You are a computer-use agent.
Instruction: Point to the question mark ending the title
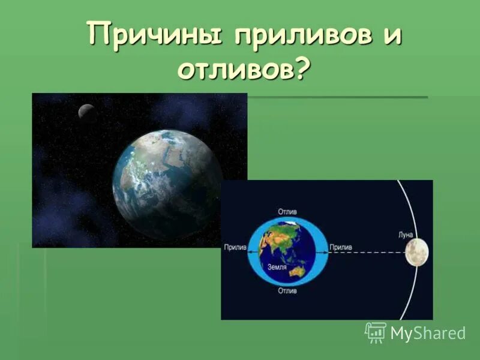click(304, 70)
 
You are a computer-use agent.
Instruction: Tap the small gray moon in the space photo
click(86, 111)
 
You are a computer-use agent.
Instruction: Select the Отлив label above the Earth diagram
click(287, 212)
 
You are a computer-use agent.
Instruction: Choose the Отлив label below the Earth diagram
click(287, 290)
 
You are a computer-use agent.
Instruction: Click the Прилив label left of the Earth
click(235, 247)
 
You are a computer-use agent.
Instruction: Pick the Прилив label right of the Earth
click(340, 247)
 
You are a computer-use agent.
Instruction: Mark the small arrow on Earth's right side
click(325, 252)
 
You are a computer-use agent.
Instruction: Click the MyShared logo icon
click(376, 332)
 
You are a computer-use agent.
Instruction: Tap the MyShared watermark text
click(428, 333)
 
